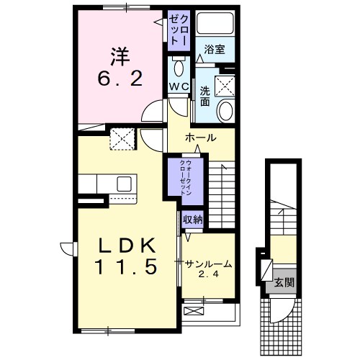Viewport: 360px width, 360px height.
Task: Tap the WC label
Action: point(179,87)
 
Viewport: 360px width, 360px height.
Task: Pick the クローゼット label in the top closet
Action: point(179,29)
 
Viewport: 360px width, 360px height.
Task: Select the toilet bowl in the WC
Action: point(179,69)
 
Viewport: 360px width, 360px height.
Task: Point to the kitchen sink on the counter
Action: point(122,183)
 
